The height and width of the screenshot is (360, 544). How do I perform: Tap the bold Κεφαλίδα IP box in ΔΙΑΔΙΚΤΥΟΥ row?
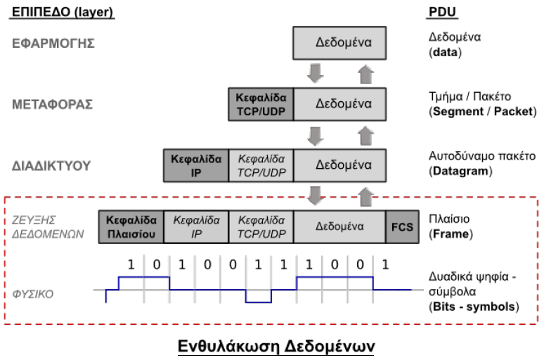pos(195,165)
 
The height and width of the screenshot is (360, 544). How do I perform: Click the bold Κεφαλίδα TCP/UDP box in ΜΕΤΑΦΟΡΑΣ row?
pos(260,103)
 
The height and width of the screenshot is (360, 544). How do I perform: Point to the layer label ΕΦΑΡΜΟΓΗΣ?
pos(53,43)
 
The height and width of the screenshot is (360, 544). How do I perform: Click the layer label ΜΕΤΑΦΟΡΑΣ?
pos(53,104)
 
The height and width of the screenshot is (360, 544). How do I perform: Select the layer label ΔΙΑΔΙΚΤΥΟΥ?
pos(53,165)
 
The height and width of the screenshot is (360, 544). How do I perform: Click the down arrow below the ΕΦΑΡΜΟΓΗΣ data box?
pos(316,72)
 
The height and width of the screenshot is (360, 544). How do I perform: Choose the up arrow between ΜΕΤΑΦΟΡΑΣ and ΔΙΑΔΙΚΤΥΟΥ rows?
pos(364,134)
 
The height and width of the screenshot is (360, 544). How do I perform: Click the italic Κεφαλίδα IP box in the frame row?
pos(195,226)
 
